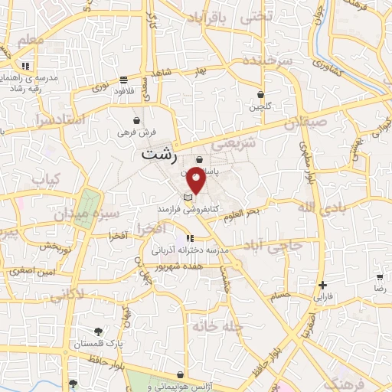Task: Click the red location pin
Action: [x=197, y=178]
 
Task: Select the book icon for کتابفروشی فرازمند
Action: [x=188, y=197]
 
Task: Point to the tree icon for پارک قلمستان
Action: [x=99, y=331]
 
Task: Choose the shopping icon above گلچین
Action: [x=260, y=95]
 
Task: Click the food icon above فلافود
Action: [x=124, y=79]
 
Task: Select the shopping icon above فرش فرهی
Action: [x=136, y=120]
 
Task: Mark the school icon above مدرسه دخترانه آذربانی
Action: [x=190, y=238]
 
